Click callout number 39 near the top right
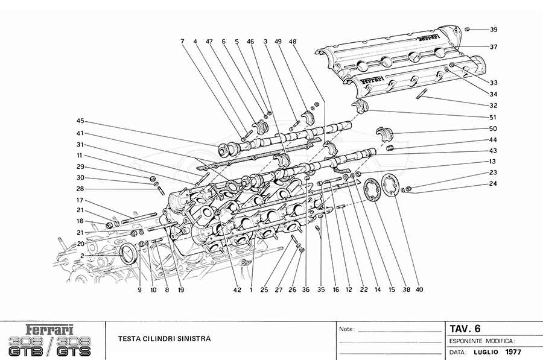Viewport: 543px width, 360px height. [x=494, y=30]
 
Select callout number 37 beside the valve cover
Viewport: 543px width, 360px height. [x=494, y=46]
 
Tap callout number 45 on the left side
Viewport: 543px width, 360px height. [x=80, y=120]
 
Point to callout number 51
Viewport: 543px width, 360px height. [x=494, y=117]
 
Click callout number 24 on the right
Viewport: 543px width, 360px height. [x=494, y=183]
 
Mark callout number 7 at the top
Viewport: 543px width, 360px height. [x=182, y=42]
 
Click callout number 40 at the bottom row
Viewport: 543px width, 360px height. [x=419, y=289]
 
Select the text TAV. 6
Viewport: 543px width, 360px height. [x=465, y=329]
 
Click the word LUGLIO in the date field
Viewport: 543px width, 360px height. [x=485, y=352]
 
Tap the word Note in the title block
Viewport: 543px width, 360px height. [x=346, y=330]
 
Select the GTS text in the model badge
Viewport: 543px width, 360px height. [x=74, y=349]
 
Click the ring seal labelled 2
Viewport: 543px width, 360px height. [x=129, y=253]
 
